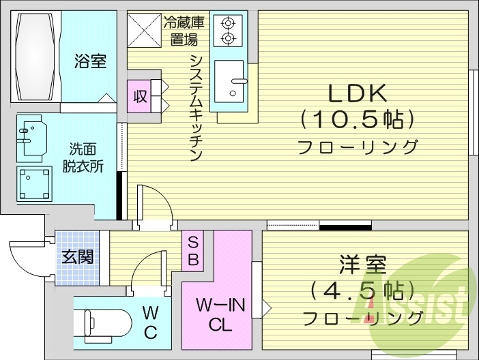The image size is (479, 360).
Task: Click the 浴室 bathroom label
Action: click(90, 61)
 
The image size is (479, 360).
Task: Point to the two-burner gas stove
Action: click(227, 30)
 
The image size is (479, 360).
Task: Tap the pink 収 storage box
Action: click(140, 96)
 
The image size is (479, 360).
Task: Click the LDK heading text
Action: click(358, 93)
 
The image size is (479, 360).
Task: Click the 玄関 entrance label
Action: click(77, 258)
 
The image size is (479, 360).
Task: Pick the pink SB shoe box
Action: click(192, 251)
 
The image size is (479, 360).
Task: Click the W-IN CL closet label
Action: click(216, 314)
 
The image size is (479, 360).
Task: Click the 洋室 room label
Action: click(362, 265)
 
